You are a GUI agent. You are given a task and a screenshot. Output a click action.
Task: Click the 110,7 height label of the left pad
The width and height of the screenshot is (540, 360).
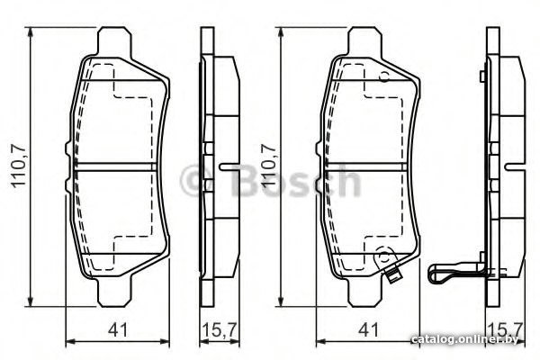pos(19,166)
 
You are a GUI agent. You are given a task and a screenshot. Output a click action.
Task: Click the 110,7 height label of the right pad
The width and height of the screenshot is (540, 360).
pos(269,166)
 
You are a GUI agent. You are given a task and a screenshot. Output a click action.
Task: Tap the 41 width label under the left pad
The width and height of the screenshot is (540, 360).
pos(118,329)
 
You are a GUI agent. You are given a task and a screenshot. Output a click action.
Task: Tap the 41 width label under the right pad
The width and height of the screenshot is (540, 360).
pos(368,329)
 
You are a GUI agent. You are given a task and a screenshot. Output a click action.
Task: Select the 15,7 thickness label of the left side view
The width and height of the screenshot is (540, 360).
pos(220,329)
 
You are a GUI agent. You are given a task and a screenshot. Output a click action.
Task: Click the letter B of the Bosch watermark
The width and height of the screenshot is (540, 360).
pos(247,180)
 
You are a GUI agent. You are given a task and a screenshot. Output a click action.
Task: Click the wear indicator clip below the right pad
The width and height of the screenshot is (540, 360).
pos(393,274)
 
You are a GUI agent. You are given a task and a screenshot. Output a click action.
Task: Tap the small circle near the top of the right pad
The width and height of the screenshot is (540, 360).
pos(384,76)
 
